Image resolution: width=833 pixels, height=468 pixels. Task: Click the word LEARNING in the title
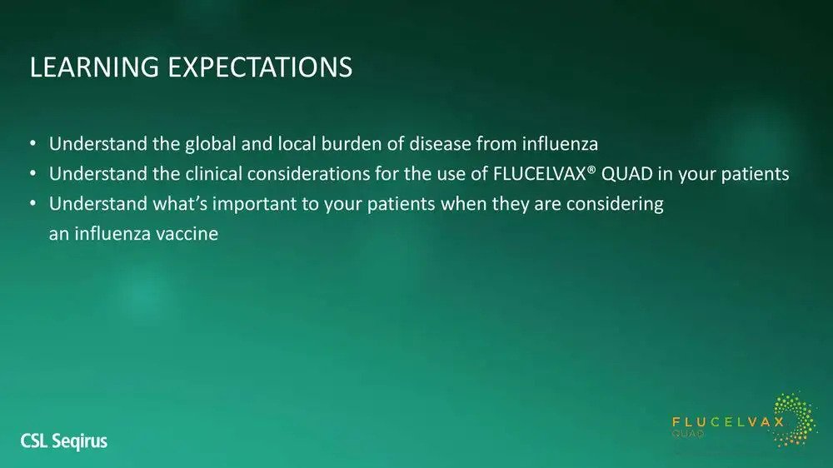94,67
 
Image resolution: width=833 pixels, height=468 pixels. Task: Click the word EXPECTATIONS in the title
260,67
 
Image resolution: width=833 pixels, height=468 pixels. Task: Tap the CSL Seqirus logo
64,441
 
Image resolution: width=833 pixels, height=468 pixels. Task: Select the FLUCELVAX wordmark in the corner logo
728,422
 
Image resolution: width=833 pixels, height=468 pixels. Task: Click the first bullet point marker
33,143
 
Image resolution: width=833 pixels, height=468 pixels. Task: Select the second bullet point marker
33,173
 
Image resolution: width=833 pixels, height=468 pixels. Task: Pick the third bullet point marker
33,203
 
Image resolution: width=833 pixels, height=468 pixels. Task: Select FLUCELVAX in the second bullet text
539,174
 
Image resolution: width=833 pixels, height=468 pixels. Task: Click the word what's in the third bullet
180,203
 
